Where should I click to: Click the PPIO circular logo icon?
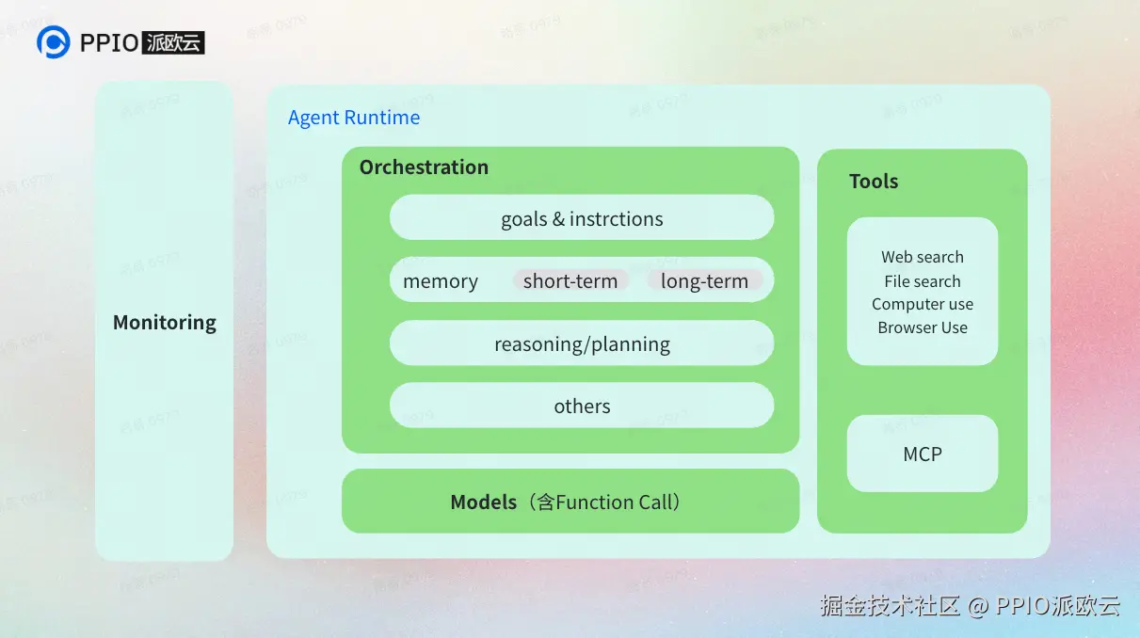(x=53, y=42)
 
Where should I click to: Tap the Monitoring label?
(x=165, y=323)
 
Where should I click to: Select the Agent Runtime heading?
(x=354, y=118)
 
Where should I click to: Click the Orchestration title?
(x=424, y=167)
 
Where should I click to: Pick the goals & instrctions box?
(x=582, y=218)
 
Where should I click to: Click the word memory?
(x=441, y=281)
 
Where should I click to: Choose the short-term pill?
(x=570, y=280)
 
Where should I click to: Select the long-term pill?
(x=704, y=280)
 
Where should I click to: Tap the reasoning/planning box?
(x=582, y=343)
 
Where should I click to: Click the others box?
(x=582, y=406)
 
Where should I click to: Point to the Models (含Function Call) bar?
(x=570, y=502)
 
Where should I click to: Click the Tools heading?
(x=874, y=182)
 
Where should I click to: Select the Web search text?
(x=923, y=257)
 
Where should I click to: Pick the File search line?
(x=923, y=281)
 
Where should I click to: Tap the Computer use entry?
(x=923, y=304)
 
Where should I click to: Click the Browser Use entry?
(x=923, y=327)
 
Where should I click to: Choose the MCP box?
(x=923, y=454)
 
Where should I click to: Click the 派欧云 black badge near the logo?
(x=174, y=42)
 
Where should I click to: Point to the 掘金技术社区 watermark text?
(x=890, y=605)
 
